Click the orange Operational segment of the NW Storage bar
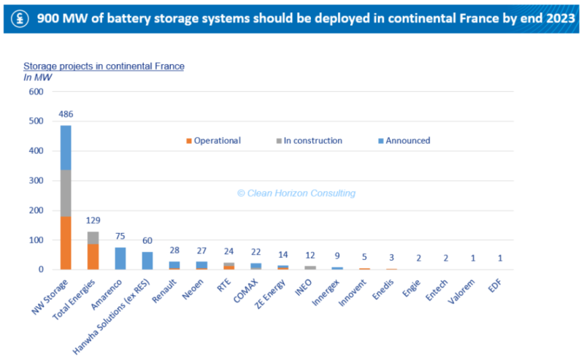66,242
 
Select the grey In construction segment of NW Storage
66,193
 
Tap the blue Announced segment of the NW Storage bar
66,148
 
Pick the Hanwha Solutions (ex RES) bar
147,261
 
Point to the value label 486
66,115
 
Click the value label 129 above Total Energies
93,221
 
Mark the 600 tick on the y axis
36,92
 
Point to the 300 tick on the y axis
36,180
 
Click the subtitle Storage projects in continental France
104,66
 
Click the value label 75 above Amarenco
120,236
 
